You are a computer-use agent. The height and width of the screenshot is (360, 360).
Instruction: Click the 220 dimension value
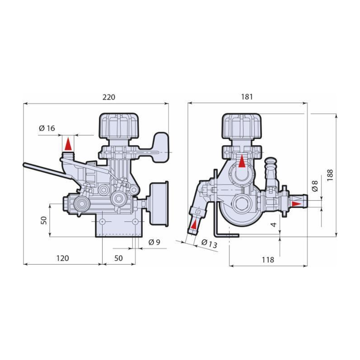[108, 97]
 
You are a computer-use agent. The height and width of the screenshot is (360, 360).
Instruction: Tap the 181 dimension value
[247, 97]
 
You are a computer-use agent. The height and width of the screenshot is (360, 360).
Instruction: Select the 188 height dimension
[330, 175]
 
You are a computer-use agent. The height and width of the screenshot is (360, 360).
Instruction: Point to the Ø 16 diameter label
[47, 128]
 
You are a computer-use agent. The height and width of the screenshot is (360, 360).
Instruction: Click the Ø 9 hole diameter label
[154, 242]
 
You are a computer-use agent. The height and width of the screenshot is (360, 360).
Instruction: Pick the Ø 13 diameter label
[209, 243]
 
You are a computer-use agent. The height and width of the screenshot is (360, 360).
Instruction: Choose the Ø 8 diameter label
[315, 186]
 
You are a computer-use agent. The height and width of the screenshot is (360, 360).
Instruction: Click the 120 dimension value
[63, 258]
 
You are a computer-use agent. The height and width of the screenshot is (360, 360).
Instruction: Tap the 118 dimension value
[268, 260]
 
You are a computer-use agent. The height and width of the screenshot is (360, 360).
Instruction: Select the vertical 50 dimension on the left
[44, 220]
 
